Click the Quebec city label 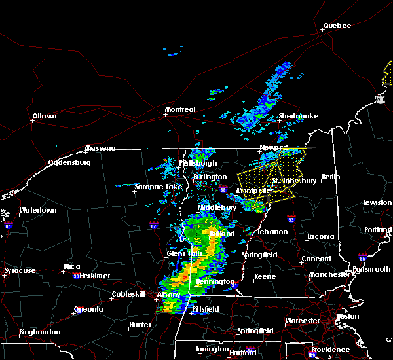pyautogui.click(x=337, y=26)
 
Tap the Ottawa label pyautogui.click(x=45, y=117)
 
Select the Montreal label pyautogui.click(x=180, y=109)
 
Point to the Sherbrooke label pyautogui.click(x=298, y=116)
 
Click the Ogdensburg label pyautogui.click(x=69, y=163)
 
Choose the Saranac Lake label pyautogui.click(x=158, y=187)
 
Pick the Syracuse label pyautogui.click(x=19, y=270)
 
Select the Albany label pyautogui.click(x=168, y=295)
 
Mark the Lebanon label pyautogui.click(x=272, y=232)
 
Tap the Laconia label pyautogui.click(x=322, y=236)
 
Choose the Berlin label pyautogui.click(x=331, y=177)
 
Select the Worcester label pyautogui.click(x=302, y=321)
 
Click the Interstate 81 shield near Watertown pyautogui.click(x=8, y=225)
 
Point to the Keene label pyautogui.click(x=265, y=276)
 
